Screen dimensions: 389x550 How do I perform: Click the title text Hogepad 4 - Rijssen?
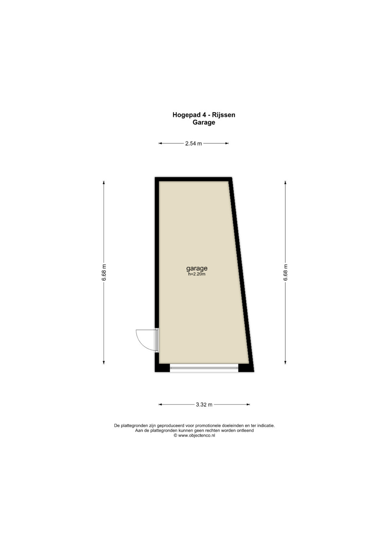(x=204, y=115)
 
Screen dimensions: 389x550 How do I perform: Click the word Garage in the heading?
(x=204, y=122)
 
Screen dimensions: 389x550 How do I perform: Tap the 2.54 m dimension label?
(x=193, y=144)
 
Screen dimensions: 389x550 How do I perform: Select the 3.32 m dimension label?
(x=204, y=404)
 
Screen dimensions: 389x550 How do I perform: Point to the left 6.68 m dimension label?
(x=104, y=272)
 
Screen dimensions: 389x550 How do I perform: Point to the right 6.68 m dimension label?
(x=285, y=272)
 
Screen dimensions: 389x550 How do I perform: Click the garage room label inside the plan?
(x=197, y=268)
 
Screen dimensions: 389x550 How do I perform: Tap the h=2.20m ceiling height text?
(x=197, y=274)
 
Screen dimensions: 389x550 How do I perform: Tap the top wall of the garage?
(x=193, y=179)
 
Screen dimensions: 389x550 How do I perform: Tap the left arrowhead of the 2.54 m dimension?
(x=160, y=143)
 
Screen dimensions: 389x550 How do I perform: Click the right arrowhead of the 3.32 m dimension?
(x=248, y=404)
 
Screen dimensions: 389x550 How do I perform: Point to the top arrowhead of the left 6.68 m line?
(x=104, y=183)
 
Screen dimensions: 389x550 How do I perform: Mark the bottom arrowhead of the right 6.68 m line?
(x=285, y=362)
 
